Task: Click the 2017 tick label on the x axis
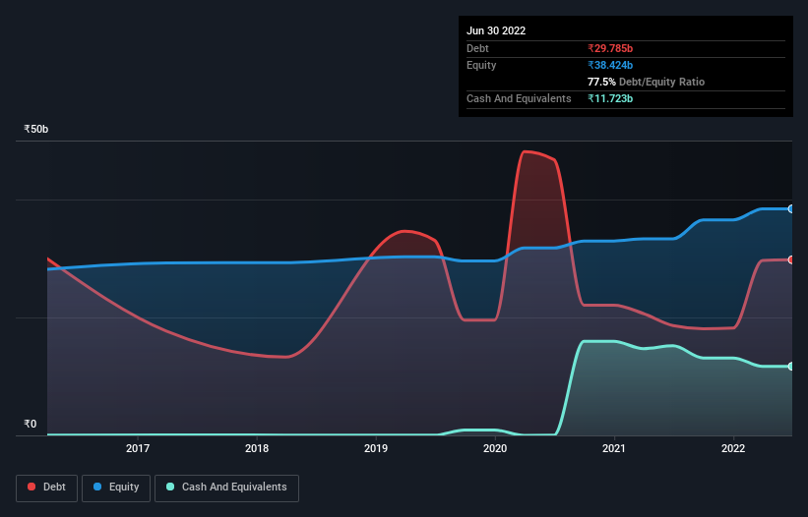tap(138, 449)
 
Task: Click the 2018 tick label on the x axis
tap(257, 449)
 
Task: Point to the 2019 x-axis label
tap(376, 449)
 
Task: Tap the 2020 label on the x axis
tap(495, 449)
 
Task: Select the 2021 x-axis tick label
tap(614, 449)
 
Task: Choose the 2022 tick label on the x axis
tap(733, 449)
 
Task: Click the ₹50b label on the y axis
tap(36, 130)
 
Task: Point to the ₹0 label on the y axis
tap(30, 425)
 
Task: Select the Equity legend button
tap(116, 488)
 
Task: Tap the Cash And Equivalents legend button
tap(226, 488)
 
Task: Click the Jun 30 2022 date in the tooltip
tap(496, 30)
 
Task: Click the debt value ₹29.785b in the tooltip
tap(610, 48)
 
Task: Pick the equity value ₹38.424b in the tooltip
tap(610, 65)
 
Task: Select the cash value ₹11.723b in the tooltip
tap(610, 98)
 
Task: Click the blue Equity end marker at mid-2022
tap(791, 209)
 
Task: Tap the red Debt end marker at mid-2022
tap(791, 259)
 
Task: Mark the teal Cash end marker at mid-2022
tap(791, 367)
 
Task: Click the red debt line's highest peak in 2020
tap(526, 151)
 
